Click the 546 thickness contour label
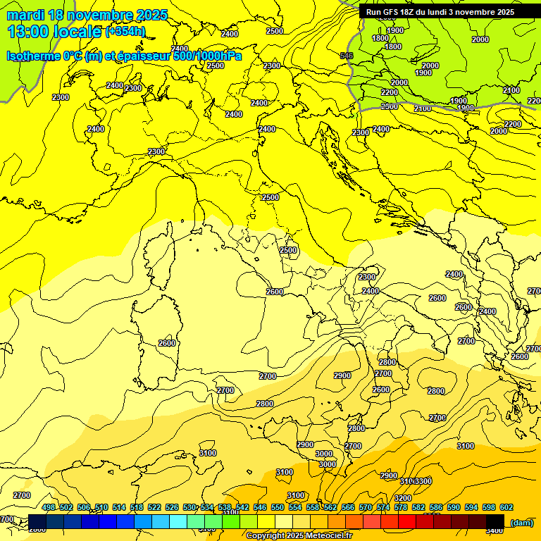pyautogui.click(x=346, y=56)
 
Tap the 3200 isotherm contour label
pyautogui.click(x=403, y=498)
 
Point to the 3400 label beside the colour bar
pyautogui.click(x=495, y=530)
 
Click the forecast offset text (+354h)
pyautogui.click(x=125, y=32)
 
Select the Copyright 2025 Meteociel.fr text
pyautogui.click(x=299, y=536)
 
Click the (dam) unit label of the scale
pyautogui.click(x=521, y=523)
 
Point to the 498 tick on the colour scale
pyautogui.click(x=49, y=507)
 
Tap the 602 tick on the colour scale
pyautogui.click(x=506, y=507)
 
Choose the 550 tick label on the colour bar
pyautogui.click(x=278, y=507)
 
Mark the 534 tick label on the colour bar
pyautogui.click(x=207, y=507)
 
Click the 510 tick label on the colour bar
pyautogui.click(x=101, y=507)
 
